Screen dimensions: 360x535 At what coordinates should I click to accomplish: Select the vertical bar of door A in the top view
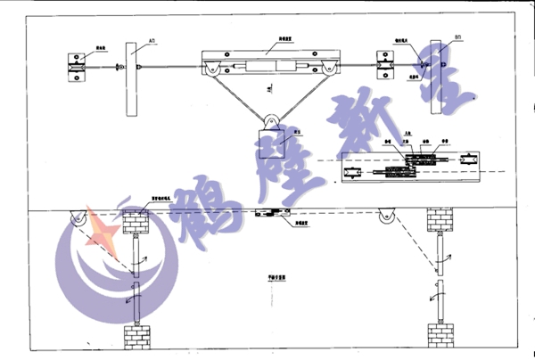[131, 79]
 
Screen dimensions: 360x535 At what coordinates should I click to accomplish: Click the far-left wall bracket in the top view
[76, 68]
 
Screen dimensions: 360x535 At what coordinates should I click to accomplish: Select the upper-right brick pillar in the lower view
[440, 218]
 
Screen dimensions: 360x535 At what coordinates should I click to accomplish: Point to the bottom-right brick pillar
[440, 336]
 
